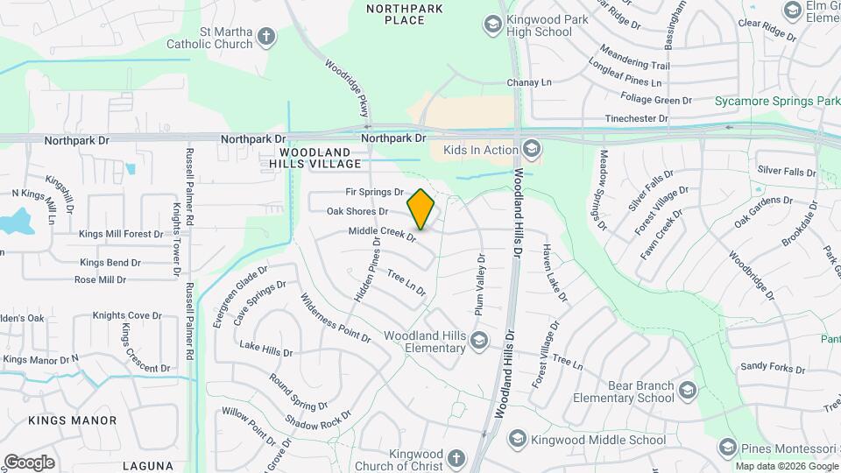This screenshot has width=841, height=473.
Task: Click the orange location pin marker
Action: [421, 208]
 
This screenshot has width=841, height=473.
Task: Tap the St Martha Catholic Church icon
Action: [266, 38]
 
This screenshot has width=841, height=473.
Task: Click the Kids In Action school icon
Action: [530, 150]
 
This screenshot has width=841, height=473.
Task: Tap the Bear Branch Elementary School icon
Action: [688, 391]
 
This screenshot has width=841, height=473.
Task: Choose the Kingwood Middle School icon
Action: [518, 439]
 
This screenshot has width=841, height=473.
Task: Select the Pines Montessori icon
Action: [727, 448]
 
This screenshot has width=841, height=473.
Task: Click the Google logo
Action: [28, 462]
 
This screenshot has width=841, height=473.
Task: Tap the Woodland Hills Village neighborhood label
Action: [314, 159]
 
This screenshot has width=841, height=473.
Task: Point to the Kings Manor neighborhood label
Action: [72, 420]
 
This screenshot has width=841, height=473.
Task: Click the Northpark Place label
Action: [396, 13]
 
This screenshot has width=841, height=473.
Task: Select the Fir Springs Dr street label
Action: [374, 192]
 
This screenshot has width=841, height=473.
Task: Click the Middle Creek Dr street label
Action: [380, 233]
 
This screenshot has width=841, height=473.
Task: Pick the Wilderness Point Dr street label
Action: [336, 317]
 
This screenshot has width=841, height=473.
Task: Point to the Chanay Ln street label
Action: [529, 82]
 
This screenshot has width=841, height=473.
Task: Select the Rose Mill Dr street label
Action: [100, 280]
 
